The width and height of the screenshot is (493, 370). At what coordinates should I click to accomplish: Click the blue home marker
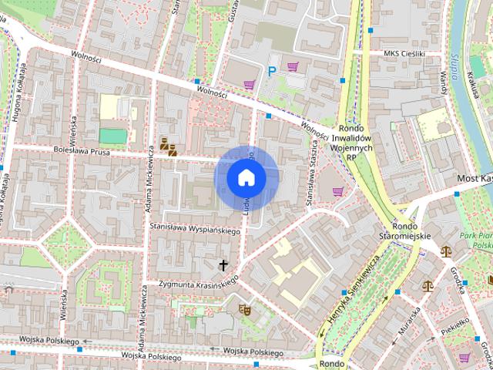coord(246,177)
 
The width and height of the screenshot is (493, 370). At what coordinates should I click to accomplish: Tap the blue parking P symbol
coord(271,71)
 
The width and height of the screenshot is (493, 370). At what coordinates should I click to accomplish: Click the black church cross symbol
coord(224,265)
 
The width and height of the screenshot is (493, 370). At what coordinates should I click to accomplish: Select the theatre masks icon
coord(246,310)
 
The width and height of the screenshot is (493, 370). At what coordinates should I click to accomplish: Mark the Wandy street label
coord(444,78)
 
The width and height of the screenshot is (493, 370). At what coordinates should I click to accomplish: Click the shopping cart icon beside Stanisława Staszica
coord(337,191)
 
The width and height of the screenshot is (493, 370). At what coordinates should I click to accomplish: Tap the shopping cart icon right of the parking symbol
coord(293,67)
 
